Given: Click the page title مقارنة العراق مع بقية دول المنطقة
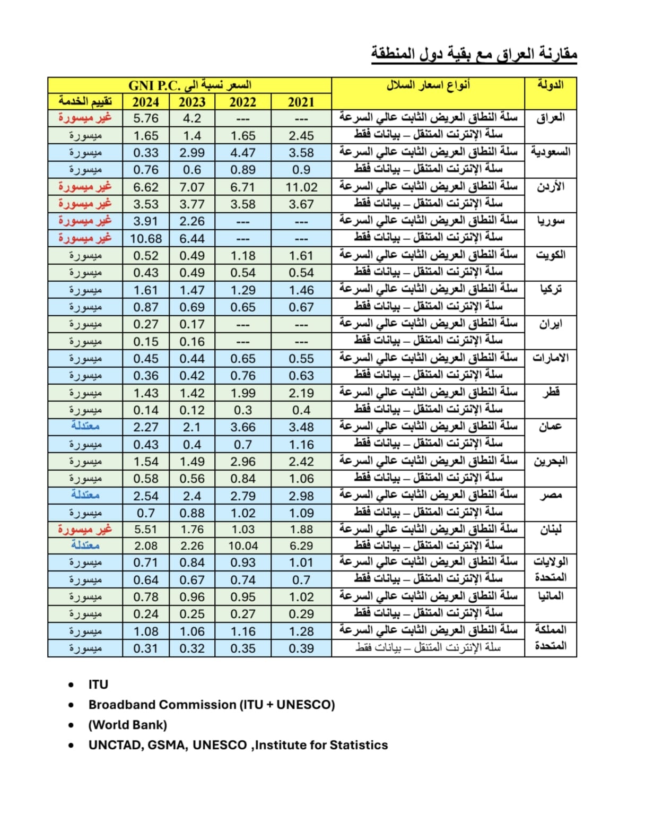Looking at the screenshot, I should tap(474, 54).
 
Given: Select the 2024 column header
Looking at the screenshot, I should tap(145, 102).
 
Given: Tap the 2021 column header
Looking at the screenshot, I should tap(301, 102).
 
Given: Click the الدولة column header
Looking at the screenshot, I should tap(550, 85).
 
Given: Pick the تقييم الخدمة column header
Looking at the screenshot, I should tap(85, 101).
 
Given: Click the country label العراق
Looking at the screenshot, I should tap(550, 118).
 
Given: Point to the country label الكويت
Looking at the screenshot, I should tap(550, 255).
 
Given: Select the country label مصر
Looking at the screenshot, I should tap(550, 496).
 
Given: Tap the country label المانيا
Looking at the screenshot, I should tap(550, 596).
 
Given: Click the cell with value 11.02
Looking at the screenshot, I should tap(301, 187).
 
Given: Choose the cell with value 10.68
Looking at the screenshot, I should tap(145, 239).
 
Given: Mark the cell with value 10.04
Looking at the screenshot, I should tap(243, 546).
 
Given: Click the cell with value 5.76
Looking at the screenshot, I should tap(145, 118).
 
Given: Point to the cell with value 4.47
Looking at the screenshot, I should tap(243, 153).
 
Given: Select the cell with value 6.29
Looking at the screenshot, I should tap(301, 546).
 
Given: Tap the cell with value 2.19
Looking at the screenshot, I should tap(301, 393).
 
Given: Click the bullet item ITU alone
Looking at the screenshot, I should tap(98, 685).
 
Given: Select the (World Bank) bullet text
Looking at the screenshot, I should tap(127, 725).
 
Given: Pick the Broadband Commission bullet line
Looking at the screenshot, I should tap(212, 705).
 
